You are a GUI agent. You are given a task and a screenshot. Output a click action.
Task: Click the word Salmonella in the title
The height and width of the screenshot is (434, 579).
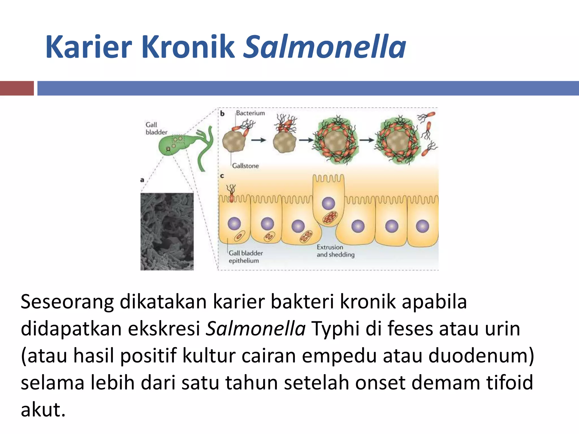(324, 47)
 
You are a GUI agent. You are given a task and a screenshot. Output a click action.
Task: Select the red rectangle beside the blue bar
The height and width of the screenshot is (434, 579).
(17, 88)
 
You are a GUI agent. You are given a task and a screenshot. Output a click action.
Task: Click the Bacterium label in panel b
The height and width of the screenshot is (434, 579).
(250, 113)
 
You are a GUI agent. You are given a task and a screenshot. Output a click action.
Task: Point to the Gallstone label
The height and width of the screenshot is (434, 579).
(245, 166)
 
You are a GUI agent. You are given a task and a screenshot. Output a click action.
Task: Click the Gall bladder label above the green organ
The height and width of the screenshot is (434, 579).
(156, 128)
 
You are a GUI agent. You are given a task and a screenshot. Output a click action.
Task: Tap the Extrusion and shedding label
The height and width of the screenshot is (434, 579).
(335, 251)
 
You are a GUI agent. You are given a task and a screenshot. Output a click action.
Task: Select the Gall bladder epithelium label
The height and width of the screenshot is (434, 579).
(245, 257)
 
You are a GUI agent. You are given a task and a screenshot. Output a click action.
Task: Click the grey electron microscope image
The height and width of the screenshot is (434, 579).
(167, 231)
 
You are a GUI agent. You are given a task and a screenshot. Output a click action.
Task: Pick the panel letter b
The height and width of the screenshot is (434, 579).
(222, 114)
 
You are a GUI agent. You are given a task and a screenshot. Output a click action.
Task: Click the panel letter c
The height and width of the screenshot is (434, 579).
(222, 176)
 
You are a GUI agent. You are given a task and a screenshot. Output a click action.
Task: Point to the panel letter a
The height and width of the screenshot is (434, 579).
(142, 180)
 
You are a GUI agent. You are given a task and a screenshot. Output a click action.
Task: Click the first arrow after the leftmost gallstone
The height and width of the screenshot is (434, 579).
(259, 140)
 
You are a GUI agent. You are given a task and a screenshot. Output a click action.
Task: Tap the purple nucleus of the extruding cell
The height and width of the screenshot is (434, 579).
(328, 203)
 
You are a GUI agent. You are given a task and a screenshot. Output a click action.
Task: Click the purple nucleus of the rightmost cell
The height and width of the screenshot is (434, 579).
(422, 226)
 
